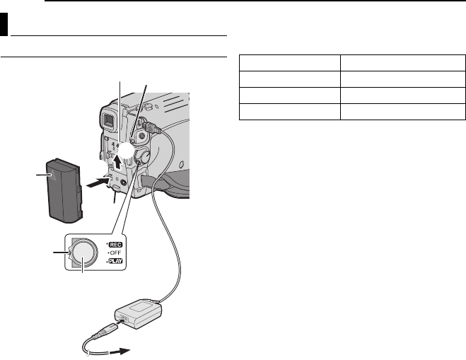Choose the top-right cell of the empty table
click(x=402, y=63)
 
